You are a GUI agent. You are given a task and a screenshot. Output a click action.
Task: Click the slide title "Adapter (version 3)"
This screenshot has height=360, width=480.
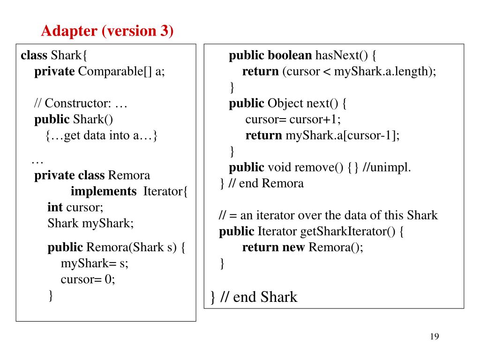(107, 31)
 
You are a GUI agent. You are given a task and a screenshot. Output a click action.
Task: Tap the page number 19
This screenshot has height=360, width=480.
(434, 337)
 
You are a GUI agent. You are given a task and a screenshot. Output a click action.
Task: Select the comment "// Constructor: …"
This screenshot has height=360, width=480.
(81, 104)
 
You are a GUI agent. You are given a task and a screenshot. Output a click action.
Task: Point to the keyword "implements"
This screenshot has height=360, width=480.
(103, 192)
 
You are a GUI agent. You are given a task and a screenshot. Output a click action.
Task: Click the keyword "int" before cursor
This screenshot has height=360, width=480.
(55, 207)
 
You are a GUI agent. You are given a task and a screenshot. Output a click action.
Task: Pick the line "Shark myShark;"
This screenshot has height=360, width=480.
(90, 223)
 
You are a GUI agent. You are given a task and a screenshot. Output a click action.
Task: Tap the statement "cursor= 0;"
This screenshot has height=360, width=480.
(88, 279)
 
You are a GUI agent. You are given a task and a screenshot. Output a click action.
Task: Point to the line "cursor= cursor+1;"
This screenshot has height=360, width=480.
(293, 120)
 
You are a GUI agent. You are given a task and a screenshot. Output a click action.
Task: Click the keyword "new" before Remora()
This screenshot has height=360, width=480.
(293, 247)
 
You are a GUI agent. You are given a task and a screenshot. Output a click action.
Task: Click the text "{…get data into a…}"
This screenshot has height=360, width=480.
(102, 135)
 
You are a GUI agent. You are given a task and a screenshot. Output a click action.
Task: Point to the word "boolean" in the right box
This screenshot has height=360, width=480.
(290, 56)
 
